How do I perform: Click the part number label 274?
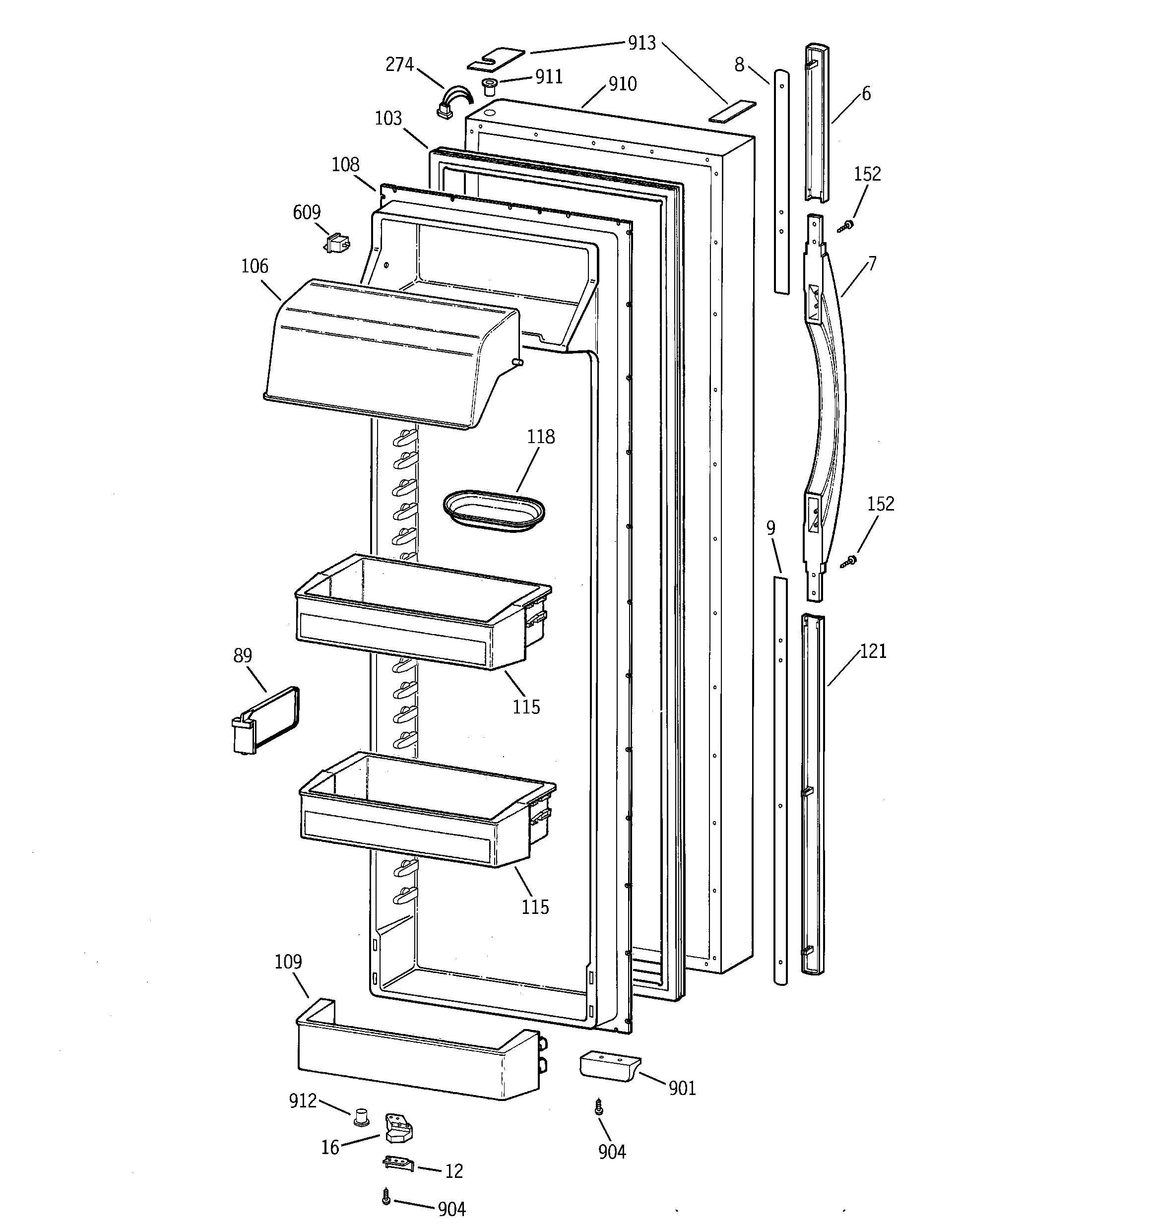[x=399, y=64]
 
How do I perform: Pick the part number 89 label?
[x=243, y=655]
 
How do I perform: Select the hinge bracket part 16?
[x=398, y=1128]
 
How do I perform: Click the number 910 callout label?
[x=622, y=84]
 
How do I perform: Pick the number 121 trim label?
[x=873, y=651]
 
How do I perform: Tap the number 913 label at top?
[x=641, y=43]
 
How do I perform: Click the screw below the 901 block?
[x=598, y=1106]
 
